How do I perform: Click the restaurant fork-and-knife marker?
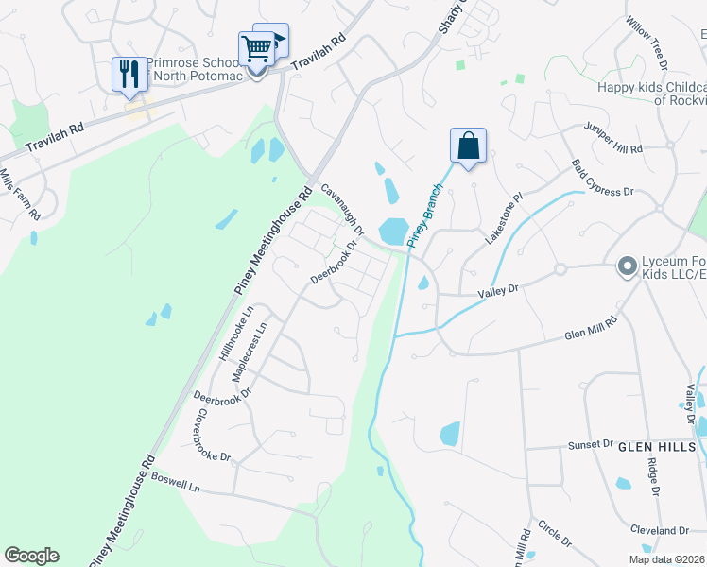(x=129, y=75)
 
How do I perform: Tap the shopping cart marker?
(x=256, y=50)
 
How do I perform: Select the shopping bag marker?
(x=468, y=146)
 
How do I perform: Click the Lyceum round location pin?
(x=625, y=267)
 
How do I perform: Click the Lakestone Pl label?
(x=503, y=220)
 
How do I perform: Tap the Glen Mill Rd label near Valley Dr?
(x=590, y=327)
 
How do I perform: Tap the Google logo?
(x=31, y=556)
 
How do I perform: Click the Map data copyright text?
(x=666, y=559)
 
